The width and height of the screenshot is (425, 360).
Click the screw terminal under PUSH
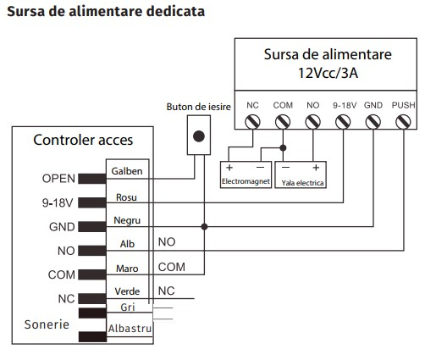pyautogui.click(x=403, y=122)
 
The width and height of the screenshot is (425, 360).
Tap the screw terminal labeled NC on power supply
pyautogui.click(x=252, y=122)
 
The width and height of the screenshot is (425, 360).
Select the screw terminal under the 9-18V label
pyautogui.click(x=343, y=122)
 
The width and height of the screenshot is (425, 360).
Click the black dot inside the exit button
pyautogui.click(x=199, y=136)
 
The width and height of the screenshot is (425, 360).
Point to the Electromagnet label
pyautogui.click(x=246, y=181)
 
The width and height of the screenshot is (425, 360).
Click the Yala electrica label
pyautogui.click(x=302, y=183)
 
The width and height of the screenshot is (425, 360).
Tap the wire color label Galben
pyautogui.click(x=127, y=171)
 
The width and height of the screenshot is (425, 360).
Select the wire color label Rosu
pyautogui.click(x=126, y=197)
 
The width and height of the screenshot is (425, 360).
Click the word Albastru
pyautogui.click(x=130, y=329)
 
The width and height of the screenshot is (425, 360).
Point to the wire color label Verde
pyautogui.click(x=127, y=291)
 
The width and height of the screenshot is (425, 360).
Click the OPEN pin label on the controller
pyautogui.click(x=58, y=179)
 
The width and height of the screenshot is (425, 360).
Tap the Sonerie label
pyautogui.click(x=47, y=324)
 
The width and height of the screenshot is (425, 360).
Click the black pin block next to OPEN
pyautogui.click(x=92, y=179)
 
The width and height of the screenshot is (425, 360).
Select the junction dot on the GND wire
pyautogui.click(x=204, y=226)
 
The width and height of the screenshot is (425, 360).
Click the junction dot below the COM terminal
pyautogui.click(x=283, y=147)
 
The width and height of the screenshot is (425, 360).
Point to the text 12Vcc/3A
pyautogui.click(x=328, y=73)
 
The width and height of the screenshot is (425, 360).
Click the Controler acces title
pyautogui.click(x=83, y=140)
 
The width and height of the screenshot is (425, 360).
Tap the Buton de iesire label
pyautogui.click(x=198, y=107)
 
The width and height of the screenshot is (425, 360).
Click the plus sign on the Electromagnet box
pyautogui.click(x=229, y=168)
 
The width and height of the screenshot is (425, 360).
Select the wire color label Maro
pyautogui.click(x=127, y=269)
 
